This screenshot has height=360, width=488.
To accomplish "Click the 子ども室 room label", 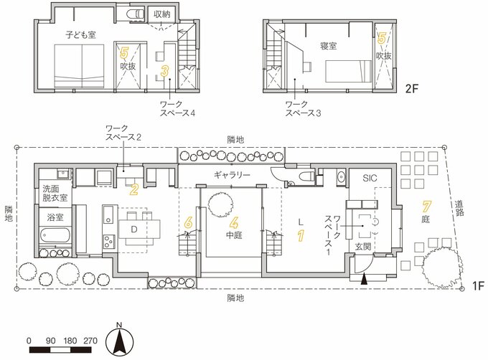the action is pos(80,34).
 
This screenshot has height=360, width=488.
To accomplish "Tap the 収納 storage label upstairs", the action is pos(162,14).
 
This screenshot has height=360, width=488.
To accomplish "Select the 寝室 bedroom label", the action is pos(329,46).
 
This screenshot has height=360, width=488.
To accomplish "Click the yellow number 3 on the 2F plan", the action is pos(164,71).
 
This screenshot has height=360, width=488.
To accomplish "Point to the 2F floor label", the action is pos(412,89).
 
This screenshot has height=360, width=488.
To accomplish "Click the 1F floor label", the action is pos(479,285).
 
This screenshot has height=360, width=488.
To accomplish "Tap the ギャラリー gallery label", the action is pos(232,175).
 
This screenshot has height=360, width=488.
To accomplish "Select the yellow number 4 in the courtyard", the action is pos(234,222).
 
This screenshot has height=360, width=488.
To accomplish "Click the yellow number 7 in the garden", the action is pos(426,207).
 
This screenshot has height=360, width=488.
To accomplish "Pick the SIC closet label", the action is pos(370,178).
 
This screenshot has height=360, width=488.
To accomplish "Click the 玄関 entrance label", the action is pos(363,247).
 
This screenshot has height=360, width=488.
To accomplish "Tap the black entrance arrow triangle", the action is pos(365,280).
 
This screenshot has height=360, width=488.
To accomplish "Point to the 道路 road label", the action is pos(459,208).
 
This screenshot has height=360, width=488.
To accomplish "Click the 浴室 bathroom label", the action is pos(55,217).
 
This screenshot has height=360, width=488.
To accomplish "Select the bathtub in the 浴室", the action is pos(55,235).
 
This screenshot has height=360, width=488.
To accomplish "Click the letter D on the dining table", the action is pos(133,229).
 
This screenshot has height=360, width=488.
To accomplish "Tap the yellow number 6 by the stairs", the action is pos(189,222).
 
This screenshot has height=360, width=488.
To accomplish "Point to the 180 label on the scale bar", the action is pos(70,341).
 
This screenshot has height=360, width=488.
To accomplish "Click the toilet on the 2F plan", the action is pos(135,14).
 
